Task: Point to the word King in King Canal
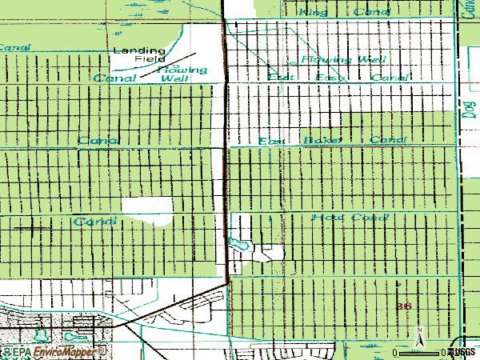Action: [x=313, y=13]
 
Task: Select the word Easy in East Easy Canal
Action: [x=330, y=78]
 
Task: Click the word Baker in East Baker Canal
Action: [x=322, y=141]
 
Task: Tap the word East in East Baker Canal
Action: [x=272, y=141]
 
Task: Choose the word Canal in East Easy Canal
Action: [x=390, y=78]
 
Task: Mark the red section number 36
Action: [x=405, y=306]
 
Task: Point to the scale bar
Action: [x=422, y=352]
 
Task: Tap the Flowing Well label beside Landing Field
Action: [x=184, y=74]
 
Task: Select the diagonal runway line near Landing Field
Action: [x=169, y=67]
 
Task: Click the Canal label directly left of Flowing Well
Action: [x=114, y=78]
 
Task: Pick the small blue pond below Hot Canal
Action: [x=235, y=242]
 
